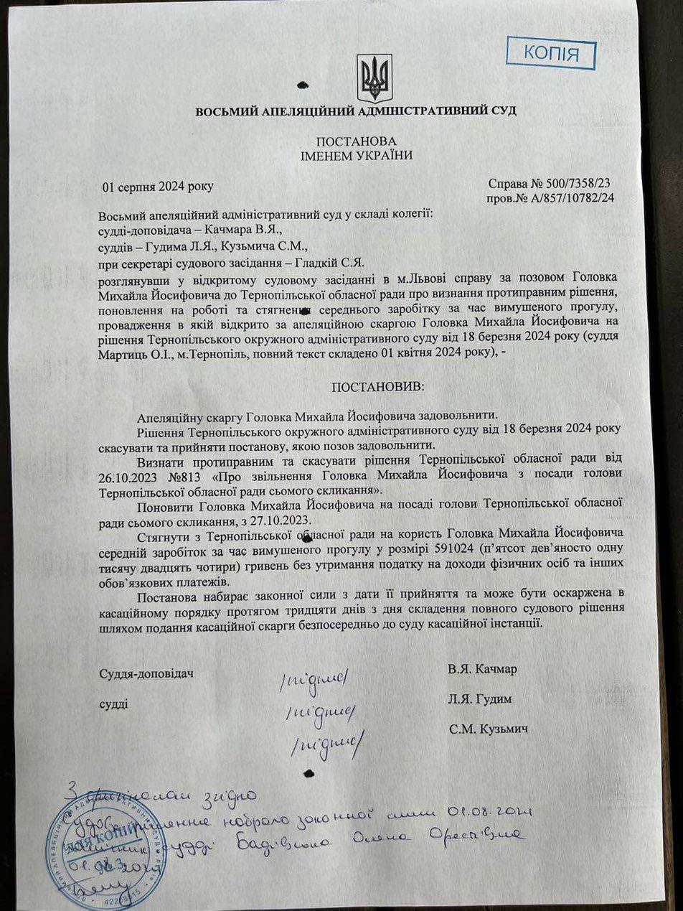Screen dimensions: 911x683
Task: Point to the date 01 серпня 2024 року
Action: pyautogui.click(x=158, y=187)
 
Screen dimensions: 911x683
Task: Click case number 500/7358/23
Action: pyautogui.click(x=579, y=184)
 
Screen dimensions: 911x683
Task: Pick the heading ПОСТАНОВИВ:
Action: pyautogui.click(x=377, y=387)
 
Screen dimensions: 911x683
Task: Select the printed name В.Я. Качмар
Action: pyautogui.click(x=482, y=669)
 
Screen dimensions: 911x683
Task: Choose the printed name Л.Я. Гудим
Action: pyautogui.click(x=481, y=699)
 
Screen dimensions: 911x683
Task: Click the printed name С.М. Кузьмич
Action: pyautogui.click(x=489, y=729)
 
